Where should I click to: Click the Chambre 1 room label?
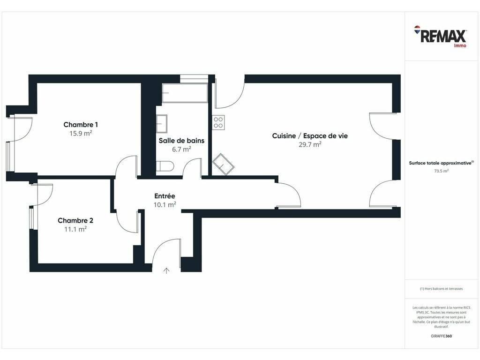pos(81,125)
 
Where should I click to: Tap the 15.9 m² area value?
pos(81,134)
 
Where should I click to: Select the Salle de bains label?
pos(181,141)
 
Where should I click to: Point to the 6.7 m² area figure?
pos(181,149)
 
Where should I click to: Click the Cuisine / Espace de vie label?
pos(310,135)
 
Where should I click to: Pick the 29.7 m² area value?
pos(310,144)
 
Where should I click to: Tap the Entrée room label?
pos(165,196)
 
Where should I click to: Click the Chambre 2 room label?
pos(75,220)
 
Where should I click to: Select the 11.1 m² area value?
pos(75,229)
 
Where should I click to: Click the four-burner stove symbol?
pos(218,122)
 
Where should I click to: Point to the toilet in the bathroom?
pos(165,166)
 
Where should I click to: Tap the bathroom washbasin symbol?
pos(162,124)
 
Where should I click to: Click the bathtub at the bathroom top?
pos(185,93)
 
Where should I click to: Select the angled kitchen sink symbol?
pos(223,165)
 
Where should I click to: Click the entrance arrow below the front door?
pos(166,270)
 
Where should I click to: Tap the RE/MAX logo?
pos(440,37)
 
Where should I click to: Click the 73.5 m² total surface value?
pos(442,171)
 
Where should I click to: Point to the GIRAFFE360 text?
pos(441,336)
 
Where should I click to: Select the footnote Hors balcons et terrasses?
pos(441,289)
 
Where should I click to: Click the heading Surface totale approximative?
pos(441,163)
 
